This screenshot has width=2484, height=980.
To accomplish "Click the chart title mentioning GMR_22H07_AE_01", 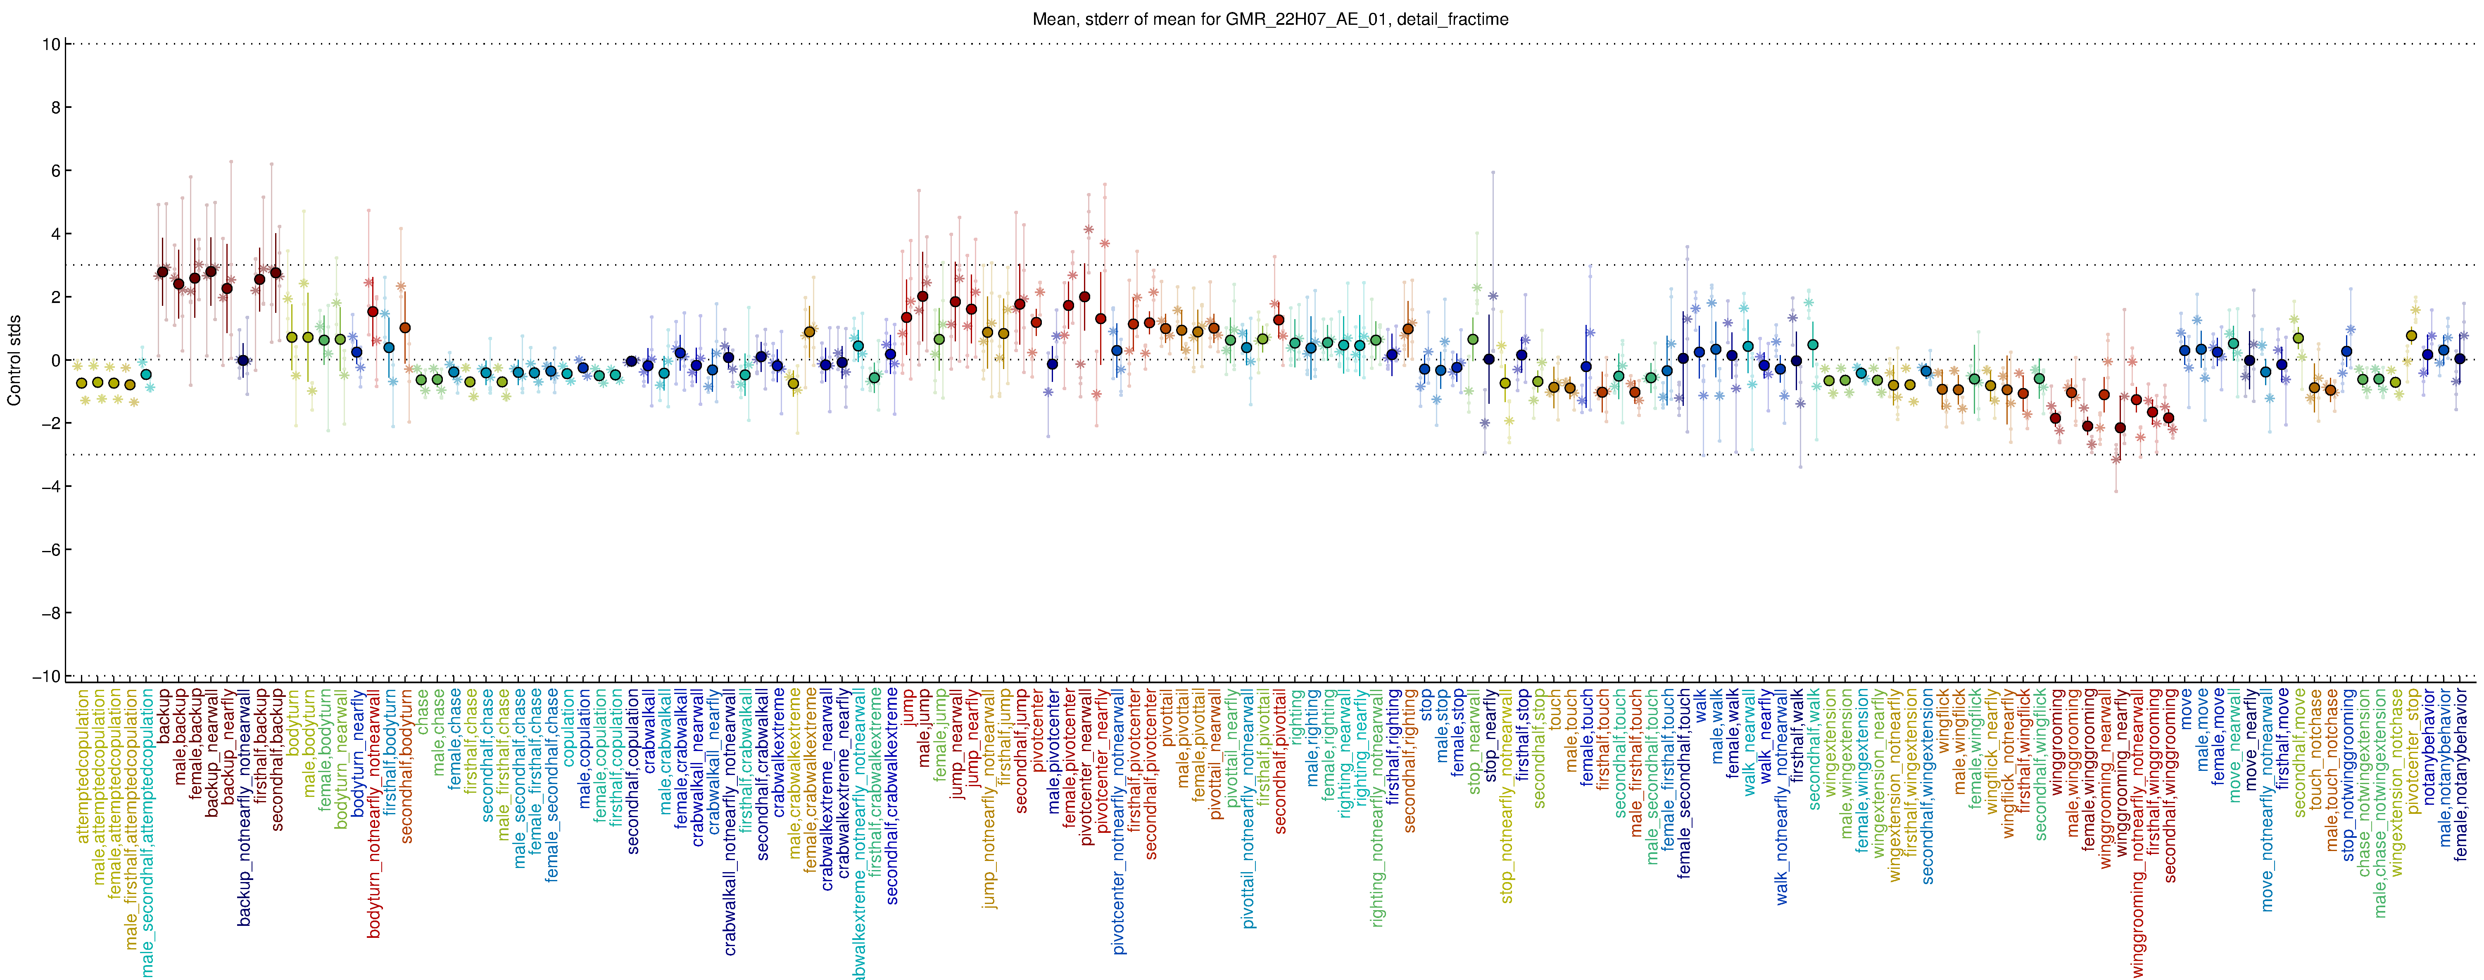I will (1270, 19).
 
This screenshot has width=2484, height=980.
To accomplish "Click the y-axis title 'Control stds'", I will (14, 360).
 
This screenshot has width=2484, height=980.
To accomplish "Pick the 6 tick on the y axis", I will (55, 171).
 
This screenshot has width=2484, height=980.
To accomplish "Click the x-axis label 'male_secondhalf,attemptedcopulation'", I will (147, 832).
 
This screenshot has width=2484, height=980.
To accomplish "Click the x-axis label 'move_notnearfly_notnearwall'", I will (2266, 799).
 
